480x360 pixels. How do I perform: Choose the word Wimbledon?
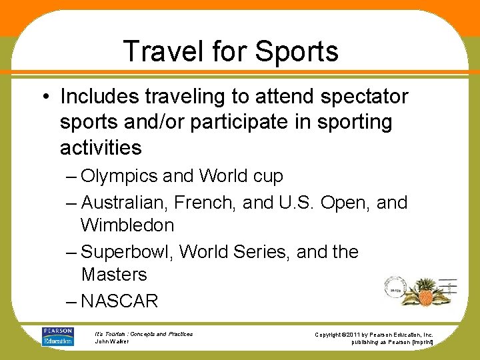click(127, 225)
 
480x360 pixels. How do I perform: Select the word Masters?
click(114, 275)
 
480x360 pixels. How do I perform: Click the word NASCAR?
click(119, 301)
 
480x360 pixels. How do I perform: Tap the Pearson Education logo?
click(57, 336)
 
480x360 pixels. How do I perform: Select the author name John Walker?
click(111, 341)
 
